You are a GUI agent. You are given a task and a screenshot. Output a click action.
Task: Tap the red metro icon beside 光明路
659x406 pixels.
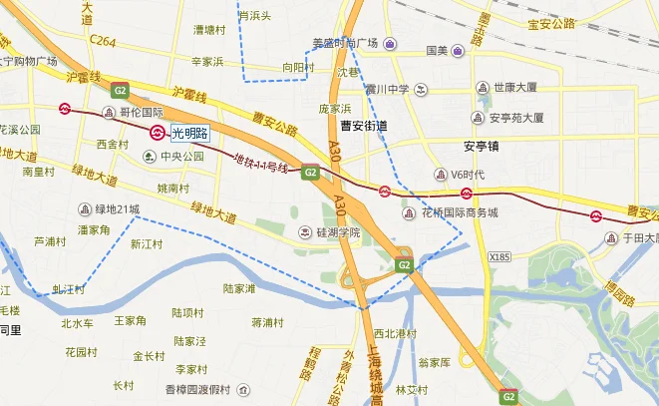[158, 132]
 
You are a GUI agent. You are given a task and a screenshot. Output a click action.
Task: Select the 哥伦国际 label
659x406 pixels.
[141, 113]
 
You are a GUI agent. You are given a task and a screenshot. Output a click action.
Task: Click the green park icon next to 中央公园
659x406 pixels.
[150, 157]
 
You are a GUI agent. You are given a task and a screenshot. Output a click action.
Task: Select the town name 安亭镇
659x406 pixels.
[481, 147]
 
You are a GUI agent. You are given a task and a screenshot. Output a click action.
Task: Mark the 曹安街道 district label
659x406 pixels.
[363, 126]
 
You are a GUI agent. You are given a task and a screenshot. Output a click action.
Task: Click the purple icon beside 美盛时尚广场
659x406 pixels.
[388, 43]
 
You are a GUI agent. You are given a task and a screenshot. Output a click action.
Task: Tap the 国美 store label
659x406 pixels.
[437, 50]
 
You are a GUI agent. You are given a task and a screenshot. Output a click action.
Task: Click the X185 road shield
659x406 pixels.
[499, 257]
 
